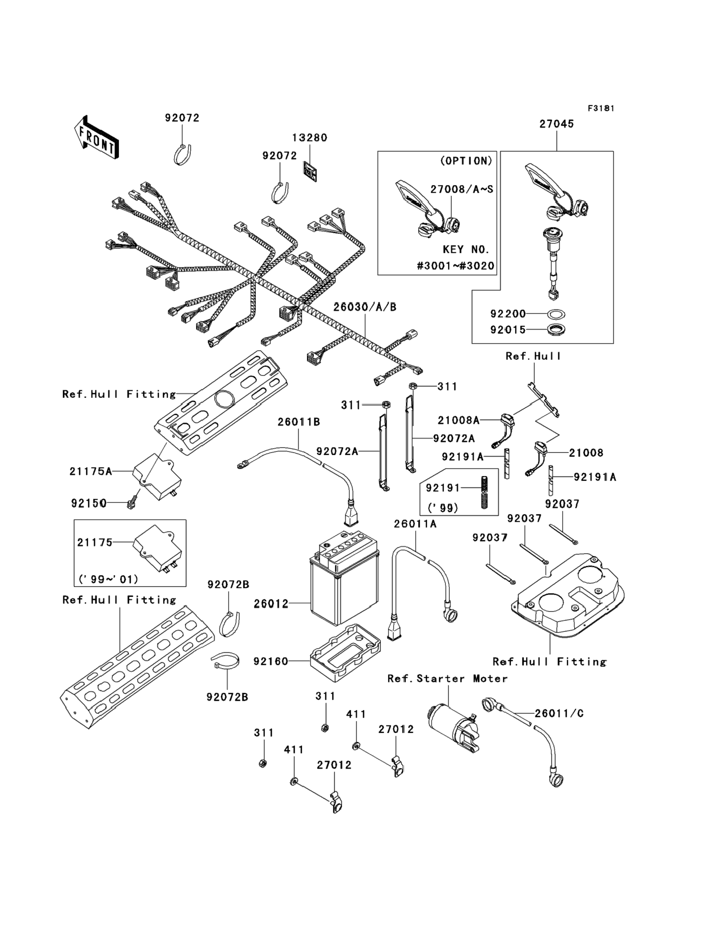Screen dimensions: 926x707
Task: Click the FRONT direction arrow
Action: point(96,138)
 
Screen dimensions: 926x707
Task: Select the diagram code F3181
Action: point(601,109)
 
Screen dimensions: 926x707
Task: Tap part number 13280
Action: point(310,138)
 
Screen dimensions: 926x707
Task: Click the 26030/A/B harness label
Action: point(365,307)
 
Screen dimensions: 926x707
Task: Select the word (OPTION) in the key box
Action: point(466,161)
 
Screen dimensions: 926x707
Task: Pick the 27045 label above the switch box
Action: point(557,124)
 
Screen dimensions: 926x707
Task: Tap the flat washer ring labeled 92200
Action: point(557,314)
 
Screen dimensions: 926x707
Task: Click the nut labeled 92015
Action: point(557,330)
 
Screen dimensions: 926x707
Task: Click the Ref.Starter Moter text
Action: point(447,679)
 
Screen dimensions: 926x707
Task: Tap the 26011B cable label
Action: point(299,422)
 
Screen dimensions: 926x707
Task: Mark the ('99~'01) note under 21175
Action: point(108,579)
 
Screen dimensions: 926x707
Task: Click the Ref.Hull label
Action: point(533,356)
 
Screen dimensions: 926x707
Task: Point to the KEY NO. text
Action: point(466,250)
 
